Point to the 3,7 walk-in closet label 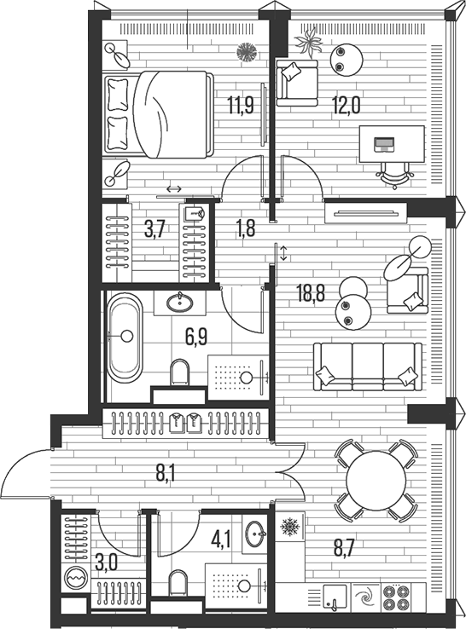point(154,228)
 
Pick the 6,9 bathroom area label point(198,336)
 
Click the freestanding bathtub point(128,335)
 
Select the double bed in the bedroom point(159,114)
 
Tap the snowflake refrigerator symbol point(289,528)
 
